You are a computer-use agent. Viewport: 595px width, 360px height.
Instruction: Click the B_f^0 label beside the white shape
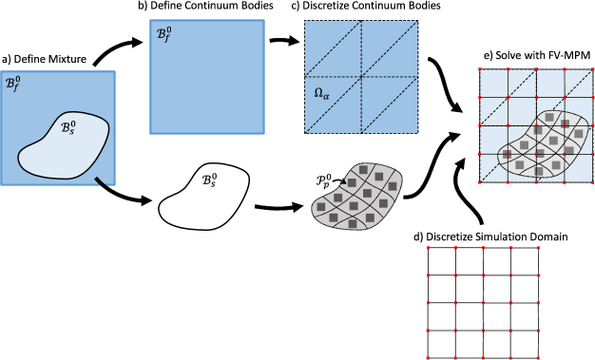coord(12,84)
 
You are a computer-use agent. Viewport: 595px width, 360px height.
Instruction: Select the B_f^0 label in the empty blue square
coord(163,34)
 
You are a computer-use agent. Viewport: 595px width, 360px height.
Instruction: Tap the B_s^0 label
coord(67,126)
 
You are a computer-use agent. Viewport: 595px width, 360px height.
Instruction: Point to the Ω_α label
coord(321,93)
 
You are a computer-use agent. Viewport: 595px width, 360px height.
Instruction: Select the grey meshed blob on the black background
coord(357,197)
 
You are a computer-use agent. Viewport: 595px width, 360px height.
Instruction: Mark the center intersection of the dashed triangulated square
coord(361,77)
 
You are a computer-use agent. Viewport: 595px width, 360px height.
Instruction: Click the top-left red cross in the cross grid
coord(428,248)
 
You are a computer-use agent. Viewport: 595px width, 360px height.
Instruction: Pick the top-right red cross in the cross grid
coord(538,248)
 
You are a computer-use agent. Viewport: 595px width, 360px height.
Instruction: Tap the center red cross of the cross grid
coord(483,303)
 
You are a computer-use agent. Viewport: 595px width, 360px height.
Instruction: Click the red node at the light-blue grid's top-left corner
coord(480,69)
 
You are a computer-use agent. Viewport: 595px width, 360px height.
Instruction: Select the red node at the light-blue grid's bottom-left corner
coord(480,181)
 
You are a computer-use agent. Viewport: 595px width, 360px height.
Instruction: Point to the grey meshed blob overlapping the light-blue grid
coord(545,145)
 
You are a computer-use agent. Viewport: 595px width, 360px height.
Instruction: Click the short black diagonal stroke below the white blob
coord(101,181)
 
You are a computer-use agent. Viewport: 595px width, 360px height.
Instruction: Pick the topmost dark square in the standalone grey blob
coord(363,170)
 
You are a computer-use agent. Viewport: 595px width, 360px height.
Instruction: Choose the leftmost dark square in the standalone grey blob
coord(321,206)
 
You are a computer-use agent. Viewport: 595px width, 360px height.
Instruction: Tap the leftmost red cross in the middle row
coord(428,303)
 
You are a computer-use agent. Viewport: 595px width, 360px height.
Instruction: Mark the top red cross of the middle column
coord(483,248)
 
